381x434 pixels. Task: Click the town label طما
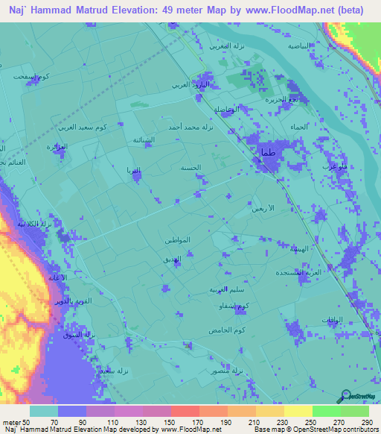(267, 154)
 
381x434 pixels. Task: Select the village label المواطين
(176, 240)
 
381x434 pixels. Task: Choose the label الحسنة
(190, 169)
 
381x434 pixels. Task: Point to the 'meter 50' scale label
(15, 421)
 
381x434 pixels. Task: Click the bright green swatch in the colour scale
(326, 411)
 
